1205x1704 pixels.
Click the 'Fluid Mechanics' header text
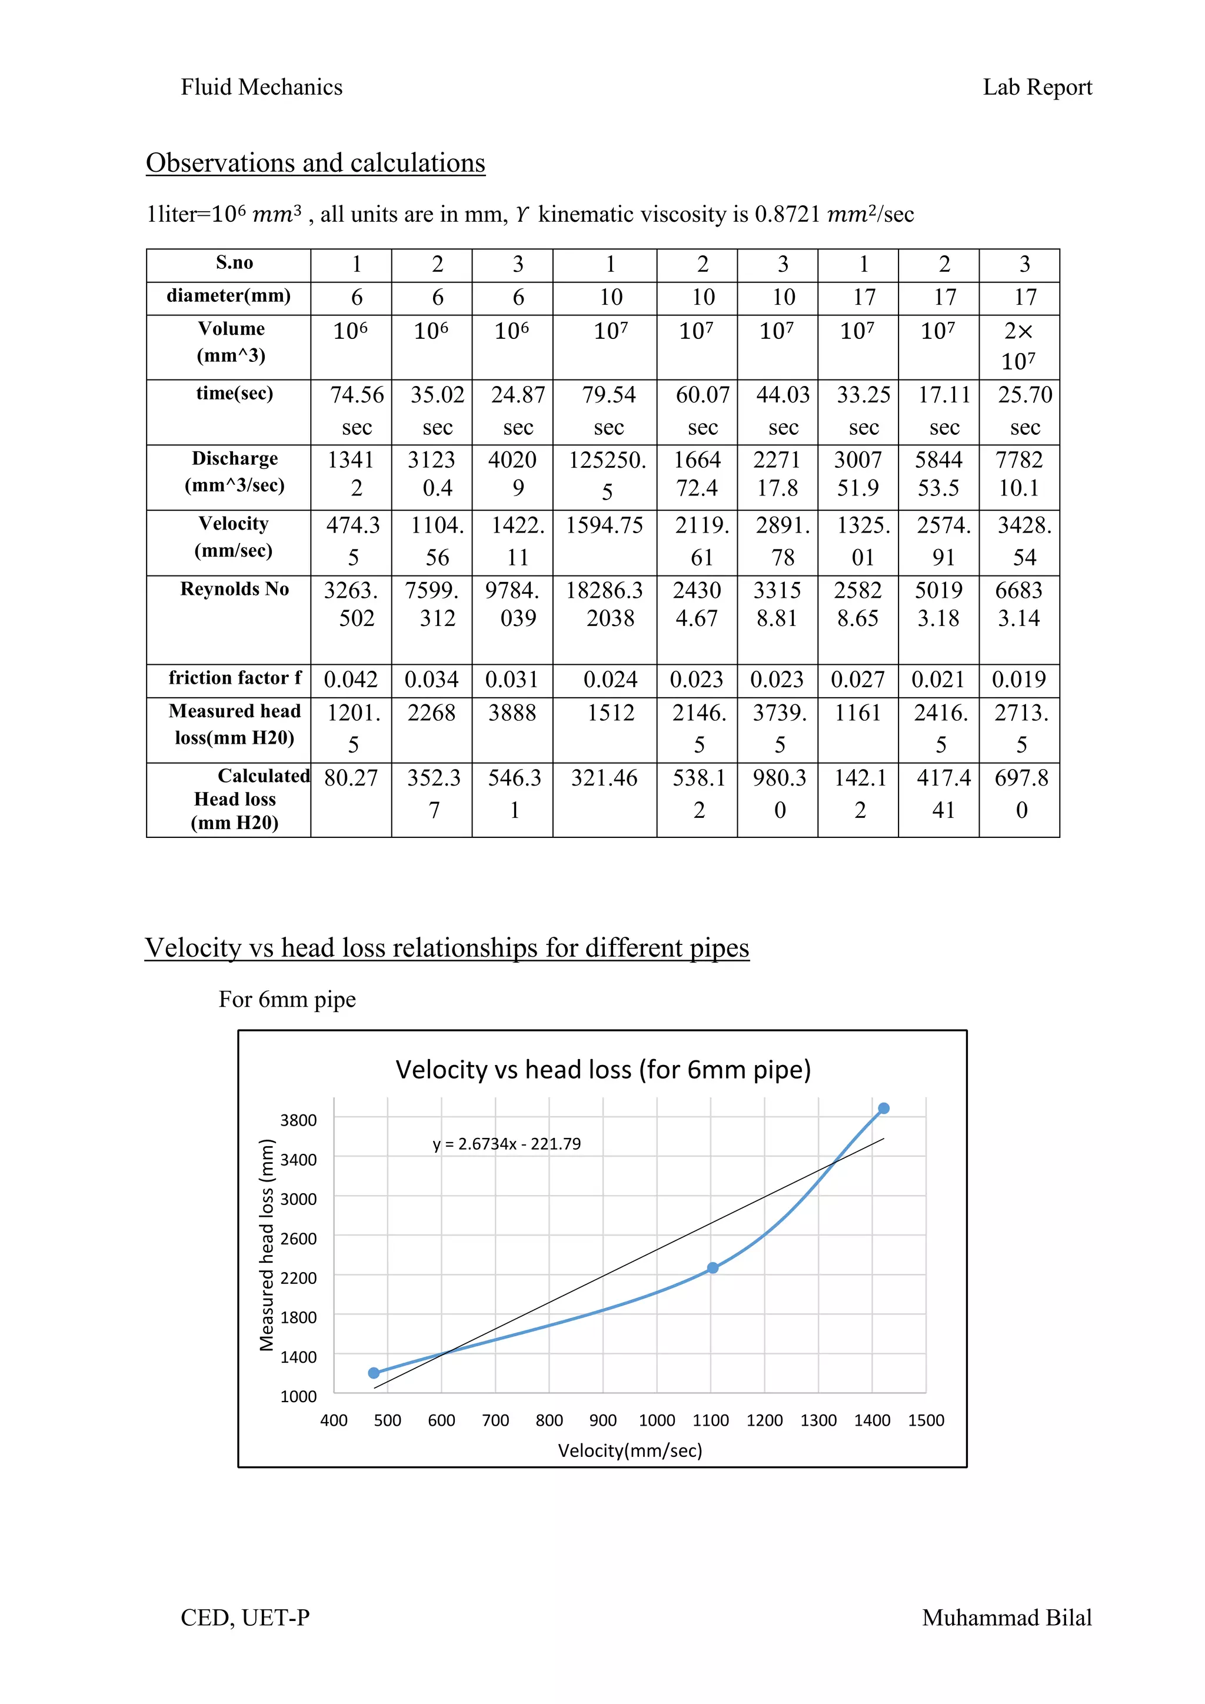tap(261, 88)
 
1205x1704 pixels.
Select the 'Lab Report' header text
tap(1037, 88)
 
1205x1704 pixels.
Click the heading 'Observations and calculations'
tap(315, 163)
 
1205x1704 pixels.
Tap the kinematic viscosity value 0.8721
tap(787, 215)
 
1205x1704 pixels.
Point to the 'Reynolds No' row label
tap(235, 589)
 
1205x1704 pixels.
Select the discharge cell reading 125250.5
tap(607, 475)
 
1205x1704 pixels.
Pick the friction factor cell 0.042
tap(351, 679)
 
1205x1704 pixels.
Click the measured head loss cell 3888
tap(512, 713)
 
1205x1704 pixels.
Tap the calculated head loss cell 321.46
tap(604, 778)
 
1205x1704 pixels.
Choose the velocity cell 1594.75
tap(604, 525)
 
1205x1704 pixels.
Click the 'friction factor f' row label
tap(235, 678)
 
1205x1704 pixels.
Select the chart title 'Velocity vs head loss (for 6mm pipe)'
tap(602, 1070)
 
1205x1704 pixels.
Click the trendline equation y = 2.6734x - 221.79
tap(507, 1144)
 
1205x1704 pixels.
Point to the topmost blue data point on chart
tap(884, 1109)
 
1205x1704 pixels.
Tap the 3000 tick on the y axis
tap(298, 1199)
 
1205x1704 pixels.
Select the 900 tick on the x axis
tap(602, 1420)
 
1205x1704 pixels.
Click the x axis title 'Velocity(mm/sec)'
tap(630, 1450)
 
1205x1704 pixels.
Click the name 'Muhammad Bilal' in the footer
tap(1006, 1618)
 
